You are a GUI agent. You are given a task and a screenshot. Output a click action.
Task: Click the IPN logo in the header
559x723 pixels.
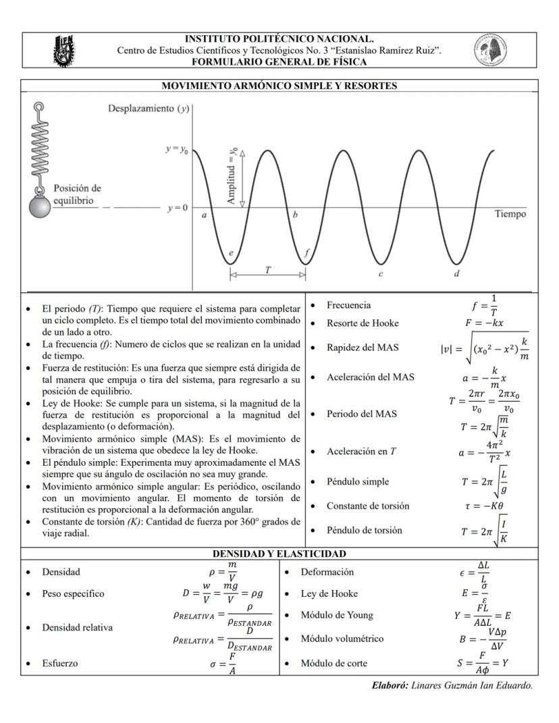pyautogui.click(x=65, y=51)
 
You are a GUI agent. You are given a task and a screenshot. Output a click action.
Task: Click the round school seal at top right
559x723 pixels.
pyautogui.click(x=490, y=50)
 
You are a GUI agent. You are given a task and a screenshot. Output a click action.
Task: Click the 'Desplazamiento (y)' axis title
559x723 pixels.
pyautogui.click(x=148, y=109)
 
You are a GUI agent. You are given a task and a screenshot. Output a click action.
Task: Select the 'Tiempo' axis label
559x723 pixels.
pyautogui.click(x=510, y=214)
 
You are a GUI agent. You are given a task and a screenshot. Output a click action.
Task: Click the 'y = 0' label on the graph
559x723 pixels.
pyautogui.click(x=178, y=207)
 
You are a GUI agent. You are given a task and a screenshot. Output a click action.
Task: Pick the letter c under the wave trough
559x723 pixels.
pyautogui.click(x=381, y=273)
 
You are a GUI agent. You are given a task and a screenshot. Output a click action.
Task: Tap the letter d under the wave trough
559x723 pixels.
pyautogui.click(x=457, y=273)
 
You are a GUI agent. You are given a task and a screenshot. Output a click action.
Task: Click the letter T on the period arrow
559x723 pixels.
pyautogui.click(x=268, y=269)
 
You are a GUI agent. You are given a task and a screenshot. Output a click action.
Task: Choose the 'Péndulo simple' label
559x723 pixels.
pyautogui.click(x=358, y=481)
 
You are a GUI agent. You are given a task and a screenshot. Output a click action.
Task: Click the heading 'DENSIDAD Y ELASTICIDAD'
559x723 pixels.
pyautogui.click(x=279, y=554)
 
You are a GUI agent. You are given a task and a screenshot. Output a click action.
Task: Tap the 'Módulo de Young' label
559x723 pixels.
pyautogui.click(x=336, y=615)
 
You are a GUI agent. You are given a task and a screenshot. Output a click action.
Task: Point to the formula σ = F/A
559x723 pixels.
pyautogui.click(x=223, y=663)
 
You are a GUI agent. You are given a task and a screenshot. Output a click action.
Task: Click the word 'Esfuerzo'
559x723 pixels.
pyautogui.click(x=60, y=663)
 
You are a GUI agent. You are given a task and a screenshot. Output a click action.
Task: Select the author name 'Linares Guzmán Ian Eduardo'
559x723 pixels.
pyautogui.click(x=472, y=685)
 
